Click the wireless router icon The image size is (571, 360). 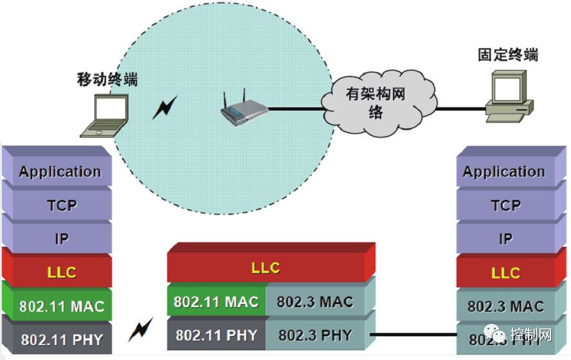point(244,111)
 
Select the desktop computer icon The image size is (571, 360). point(508,96)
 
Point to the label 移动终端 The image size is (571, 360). point(107,79)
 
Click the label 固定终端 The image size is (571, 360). point(507,55)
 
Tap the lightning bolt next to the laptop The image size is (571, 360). point(164,108)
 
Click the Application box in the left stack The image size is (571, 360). point(59,172)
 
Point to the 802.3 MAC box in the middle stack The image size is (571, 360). point(315,301)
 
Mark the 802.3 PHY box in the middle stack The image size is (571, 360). point(315,335)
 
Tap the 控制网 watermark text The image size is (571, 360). point(539,335)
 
